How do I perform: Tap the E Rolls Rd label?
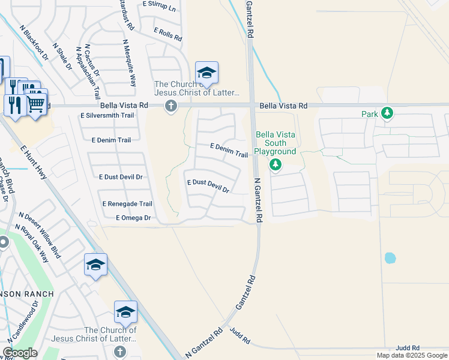click(x=167, y=34)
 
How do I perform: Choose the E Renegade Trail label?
click(x=127, y=204)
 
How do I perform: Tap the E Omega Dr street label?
click(x=133, y=218)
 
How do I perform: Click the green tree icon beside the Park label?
click(x=387, y=113)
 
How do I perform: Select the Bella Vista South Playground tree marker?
click(x=276, y=164)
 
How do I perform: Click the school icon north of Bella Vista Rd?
click(x=206, y=74)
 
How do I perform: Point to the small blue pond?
click(x=390, y=258)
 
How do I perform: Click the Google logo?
click(x=20, y=353)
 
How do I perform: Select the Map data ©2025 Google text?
click(x=412, y=355)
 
